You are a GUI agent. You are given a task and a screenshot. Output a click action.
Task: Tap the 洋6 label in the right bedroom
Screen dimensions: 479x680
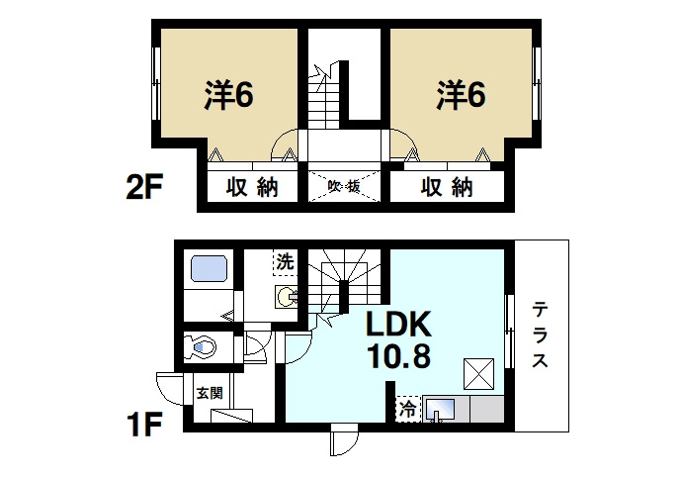461,95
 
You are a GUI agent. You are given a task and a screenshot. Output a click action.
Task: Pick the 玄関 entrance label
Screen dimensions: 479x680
208,392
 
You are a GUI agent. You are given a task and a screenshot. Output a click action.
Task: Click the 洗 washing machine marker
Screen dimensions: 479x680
284,263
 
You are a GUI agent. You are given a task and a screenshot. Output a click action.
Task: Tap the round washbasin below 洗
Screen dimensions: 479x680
285,295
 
